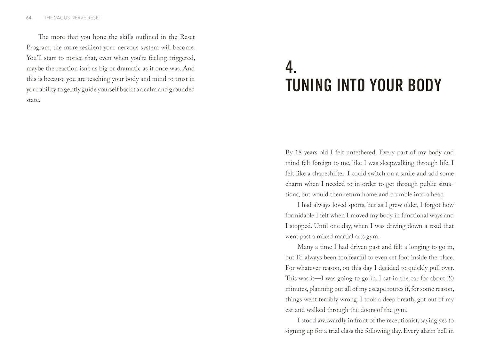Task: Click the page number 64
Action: click(x=28, y=18)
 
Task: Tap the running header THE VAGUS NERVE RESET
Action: click(x=72, y=18)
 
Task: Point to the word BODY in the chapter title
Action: click(x=425, y=85)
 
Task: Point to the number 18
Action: click(x=298, y=152)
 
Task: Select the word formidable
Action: click(x=300, y=216)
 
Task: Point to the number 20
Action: click(x=450, y=278)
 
